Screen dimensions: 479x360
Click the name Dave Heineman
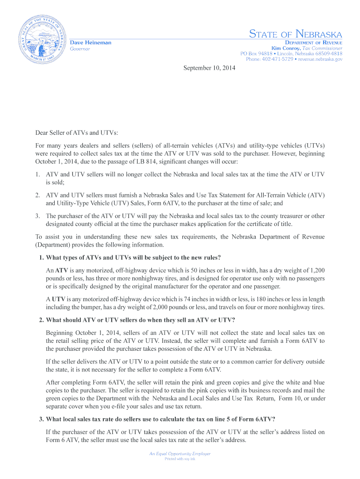[x=91, y=43]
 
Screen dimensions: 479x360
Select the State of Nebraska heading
[x=295, y=34]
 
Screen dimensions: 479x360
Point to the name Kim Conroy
[x=286, y=48]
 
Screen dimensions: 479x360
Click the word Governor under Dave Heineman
[x=80, y=49]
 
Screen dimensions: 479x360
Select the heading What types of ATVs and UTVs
[x=130, y=258]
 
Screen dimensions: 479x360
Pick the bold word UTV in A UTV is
[x=58, y=299]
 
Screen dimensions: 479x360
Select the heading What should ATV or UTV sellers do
[x=137, y=320]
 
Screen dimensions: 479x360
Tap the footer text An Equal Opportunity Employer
[x=180, y=454]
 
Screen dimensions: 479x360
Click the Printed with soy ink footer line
[x=180, y=459]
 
